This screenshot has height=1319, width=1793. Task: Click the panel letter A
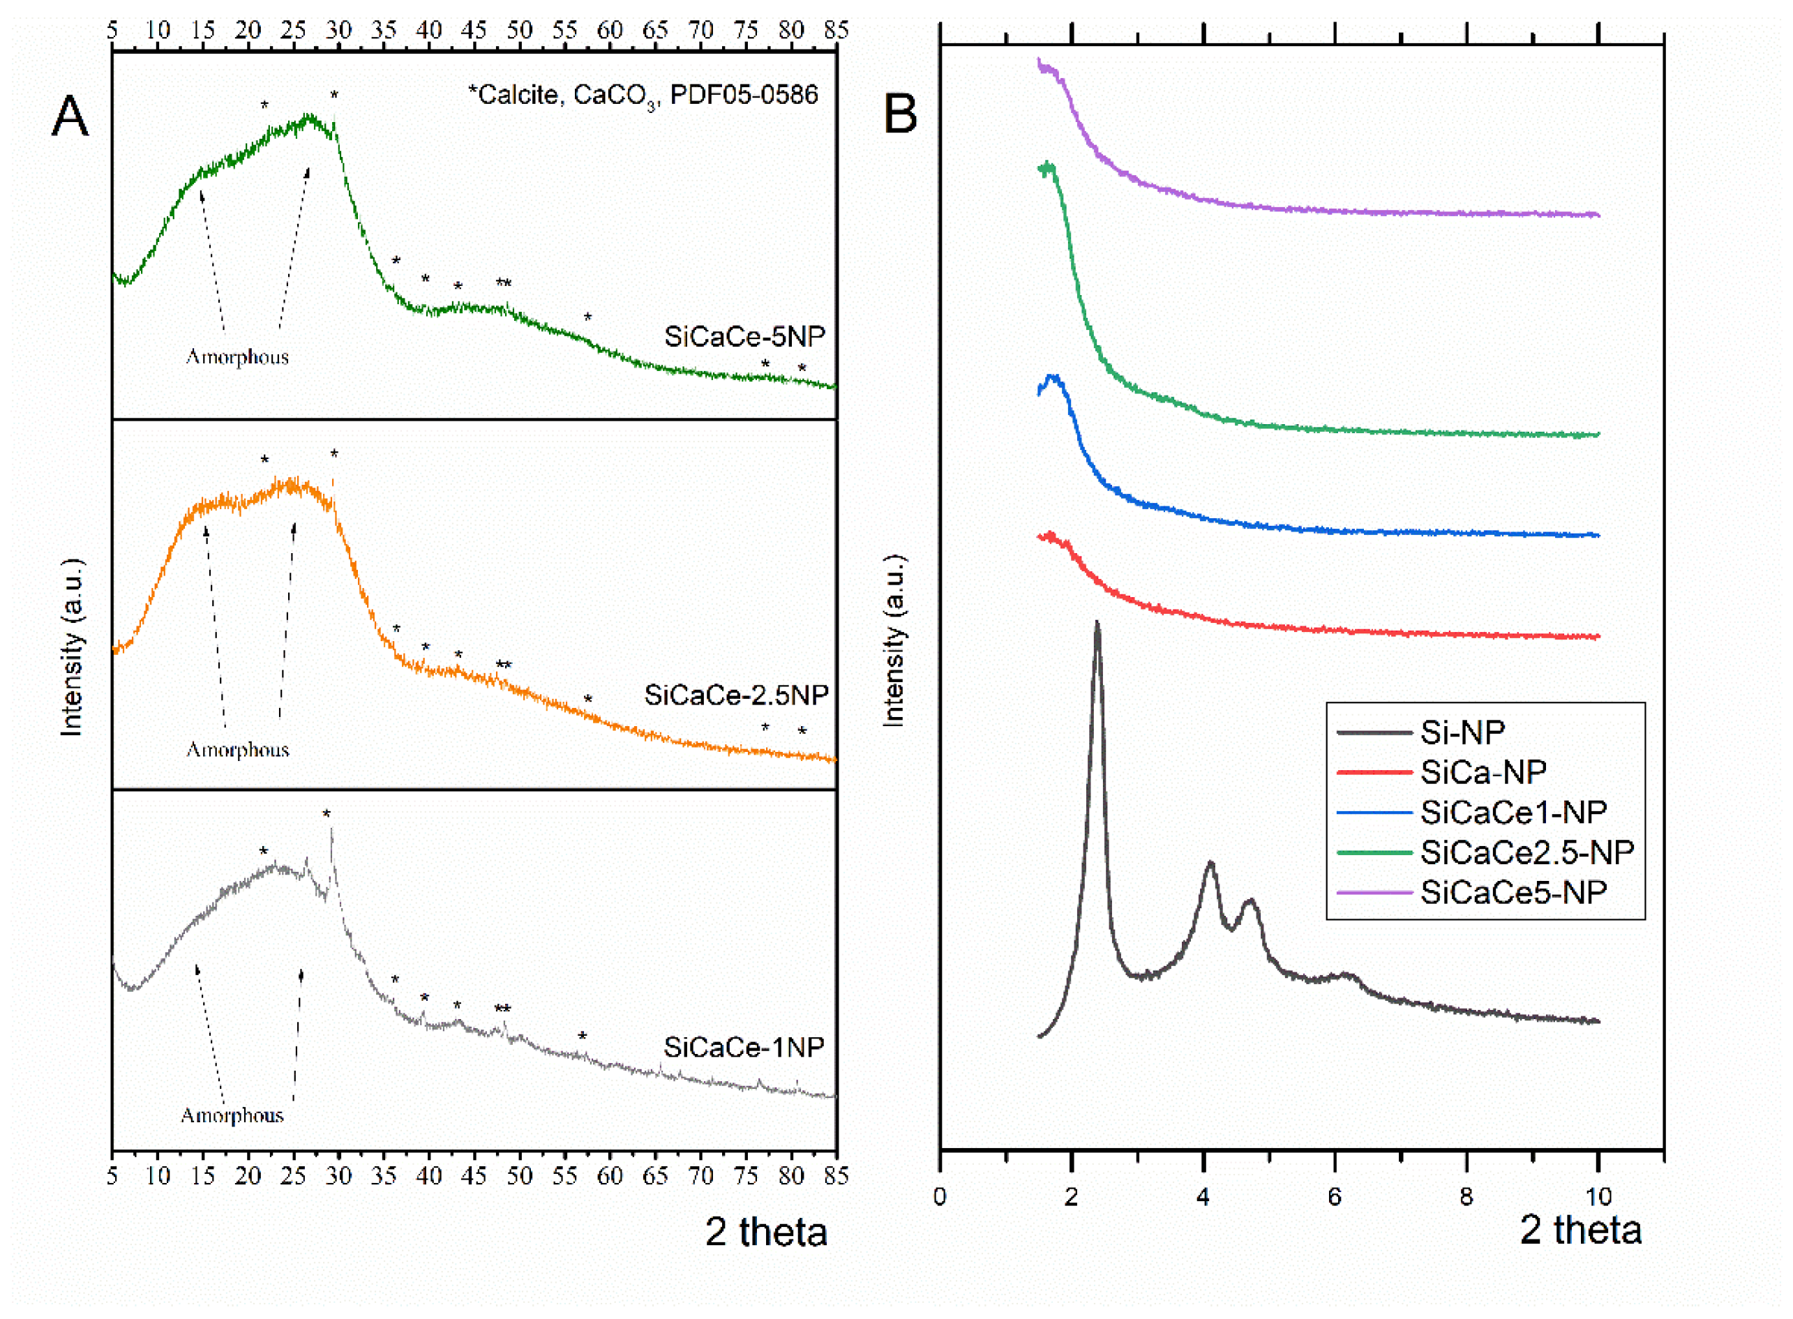(x=70, y=116)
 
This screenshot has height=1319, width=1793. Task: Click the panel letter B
(x=900, y=114)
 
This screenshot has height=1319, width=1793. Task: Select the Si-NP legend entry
(x=1461, y=732)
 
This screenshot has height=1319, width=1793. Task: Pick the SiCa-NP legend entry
(x=1483, y=771)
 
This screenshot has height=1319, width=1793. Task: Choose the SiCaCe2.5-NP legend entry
(x=1526, y=852)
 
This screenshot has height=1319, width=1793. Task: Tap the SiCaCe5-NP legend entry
(x=1513, y=892)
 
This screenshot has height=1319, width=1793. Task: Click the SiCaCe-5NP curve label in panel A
(x=744, y=336)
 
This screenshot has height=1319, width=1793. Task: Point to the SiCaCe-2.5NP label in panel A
(x=735, y=695)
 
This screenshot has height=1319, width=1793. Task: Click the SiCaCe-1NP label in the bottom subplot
(x=744, y=1047)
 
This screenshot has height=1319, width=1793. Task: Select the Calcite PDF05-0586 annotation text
(x=643, y=96)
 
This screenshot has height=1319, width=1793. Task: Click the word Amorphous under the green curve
(x=237, y=357)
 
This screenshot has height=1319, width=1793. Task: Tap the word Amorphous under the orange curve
(x=237, y=750)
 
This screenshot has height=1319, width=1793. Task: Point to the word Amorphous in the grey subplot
(x=232, y=1115)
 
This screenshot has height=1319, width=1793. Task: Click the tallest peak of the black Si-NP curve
(x=1097, y=624)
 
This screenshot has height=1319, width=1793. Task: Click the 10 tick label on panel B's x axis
(x=1598, y=1197)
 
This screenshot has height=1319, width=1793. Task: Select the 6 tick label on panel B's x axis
(x=1335, y=1197)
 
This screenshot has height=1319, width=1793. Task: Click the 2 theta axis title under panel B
(x=1580, y=1230)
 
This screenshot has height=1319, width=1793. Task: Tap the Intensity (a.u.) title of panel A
(x=72, y=647)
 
